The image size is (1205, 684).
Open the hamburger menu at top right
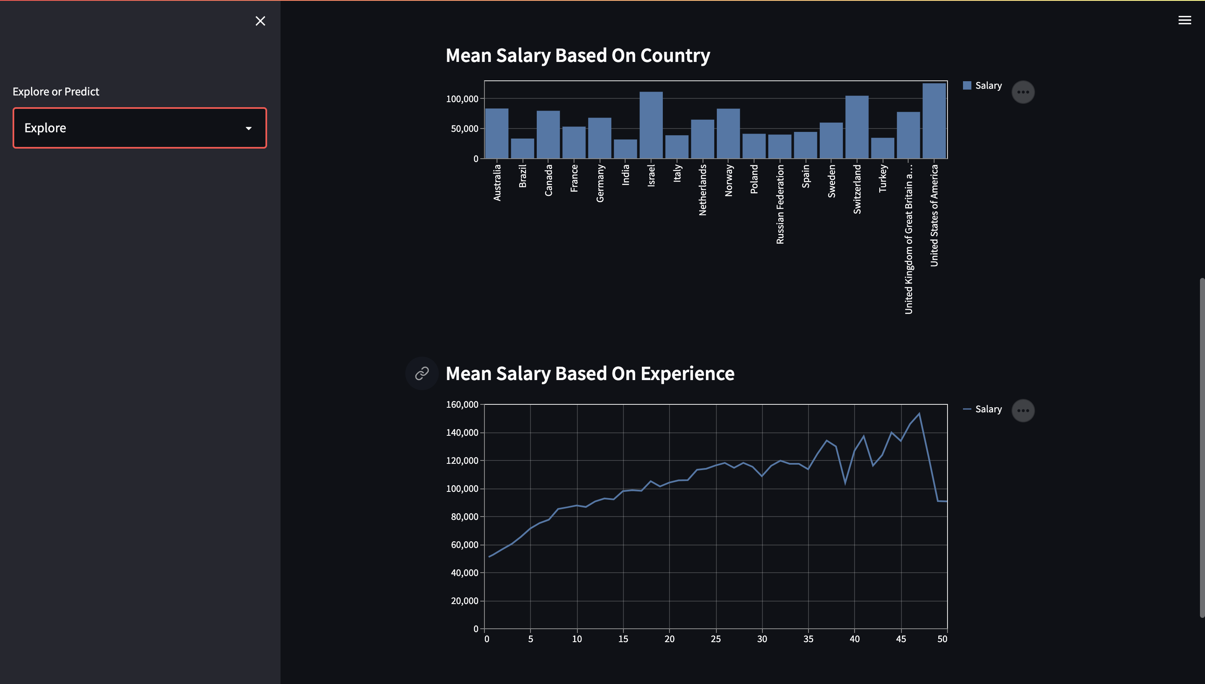pyautogui.click(x=1184, y=20)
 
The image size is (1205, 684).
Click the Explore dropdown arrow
pyautogui.click(x=249, y=128)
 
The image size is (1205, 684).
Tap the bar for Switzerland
pyautogui.click(x=856, y=127)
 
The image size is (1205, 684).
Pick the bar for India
pyautogui.click(x=625, y=149)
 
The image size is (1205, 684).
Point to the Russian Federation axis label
pyautogui.click(x=780, y=204)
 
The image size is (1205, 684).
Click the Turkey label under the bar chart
pyautogui.click(x=883, y=178)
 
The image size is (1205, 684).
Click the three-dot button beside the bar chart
pyautogui.click(x=1023, y=92)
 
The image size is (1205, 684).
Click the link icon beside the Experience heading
pyautogui.click(x=421, y=373)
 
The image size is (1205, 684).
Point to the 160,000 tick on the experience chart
pyautogui.click(x=462, y=404)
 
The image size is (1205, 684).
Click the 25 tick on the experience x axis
pyautogui.click(x=716, y=639)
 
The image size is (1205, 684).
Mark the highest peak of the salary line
pyautogui.click(x=919, y=414)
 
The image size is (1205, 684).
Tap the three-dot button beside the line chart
pyautogui.click(x=1023, y=411)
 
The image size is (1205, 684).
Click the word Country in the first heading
pyautogui.click(x=675, y=55)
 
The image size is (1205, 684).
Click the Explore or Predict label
pyautogui.click(x=56, y=92)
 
